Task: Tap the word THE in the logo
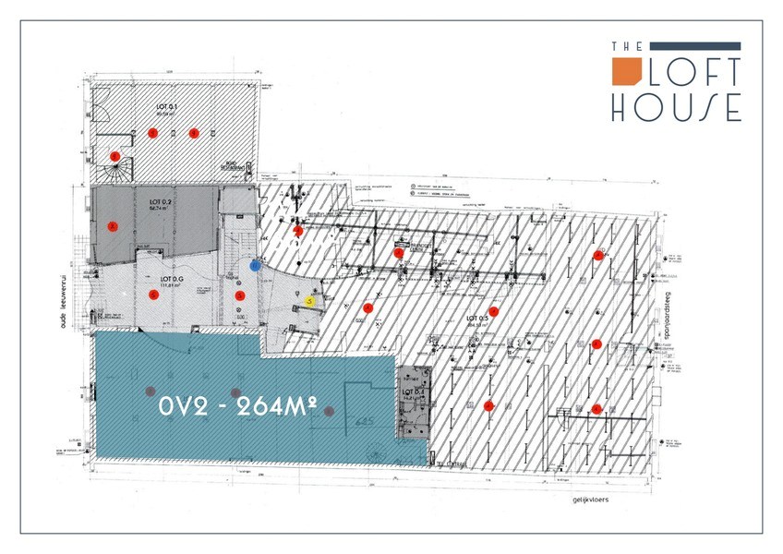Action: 620,45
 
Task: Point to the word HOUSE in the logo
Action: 676,106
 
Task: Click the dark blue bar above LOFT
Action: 696,45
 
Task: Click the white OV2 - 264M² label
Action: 238,405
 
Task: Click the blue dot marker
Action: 256,266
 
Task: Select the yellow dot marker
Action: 310,300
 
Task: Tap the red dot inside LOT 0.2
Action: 114,226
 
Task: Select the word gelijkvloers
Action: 592,500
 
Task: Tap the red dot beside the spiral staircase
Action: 115,156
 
